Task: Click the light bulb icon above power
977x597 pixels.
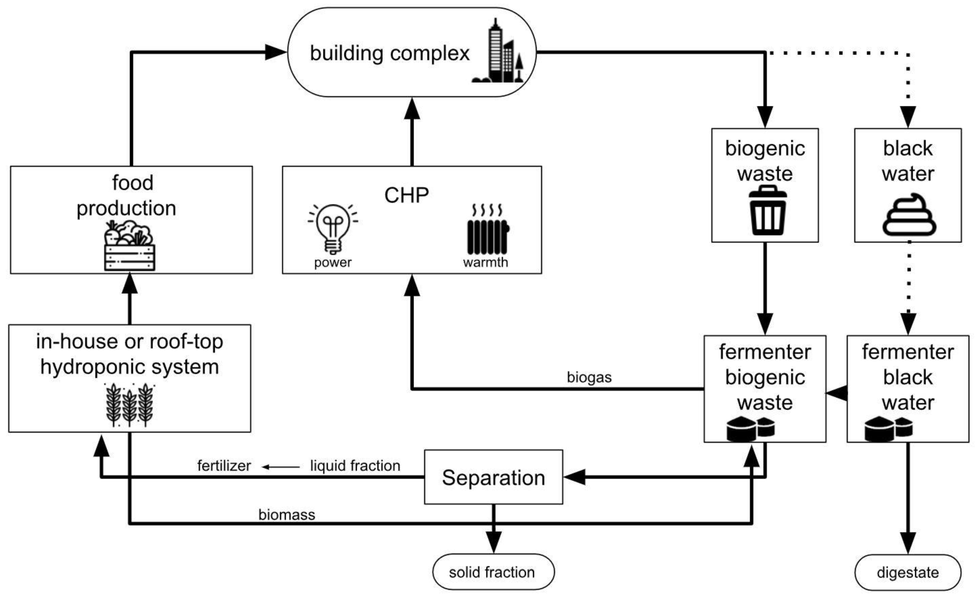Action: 333,228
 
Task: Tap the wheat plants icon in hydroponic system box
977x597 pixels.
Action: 130,405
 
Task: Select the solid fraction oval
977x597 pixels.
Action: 493,572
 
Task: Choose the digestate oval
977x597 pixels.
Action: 908,573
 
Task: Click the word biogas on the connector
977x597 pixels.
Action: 589,377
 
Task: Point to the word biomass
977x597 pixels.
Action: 287,515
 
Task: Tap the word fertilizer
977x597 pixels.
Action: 224,466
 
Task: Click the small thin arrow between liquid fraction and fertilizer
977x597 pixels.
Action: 280,467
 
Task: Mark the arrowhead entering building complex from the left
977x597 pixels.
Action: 275,52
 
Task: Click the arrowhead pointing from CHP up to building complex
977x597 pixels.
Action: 412,109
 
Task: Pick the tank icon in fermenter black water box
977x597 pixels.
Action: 888,429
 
